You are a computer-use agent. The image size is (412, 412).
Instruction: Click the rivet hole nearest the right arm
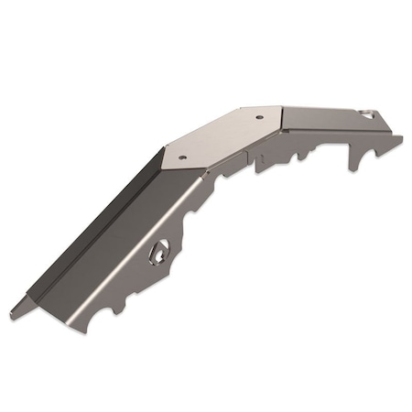(x=258, y=116)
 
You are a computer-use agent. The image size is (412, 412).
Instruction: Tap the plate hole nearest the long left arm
(x=182, y=157)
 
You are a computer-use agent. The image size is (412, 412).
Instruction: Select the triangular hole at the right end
(x=369, y=114)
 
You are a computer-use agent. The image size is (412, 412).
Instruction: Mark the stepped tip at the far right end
(x=397, y=139)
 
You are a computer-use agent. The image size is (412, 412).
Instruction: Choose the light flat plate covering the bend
(x=224, y=137)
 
